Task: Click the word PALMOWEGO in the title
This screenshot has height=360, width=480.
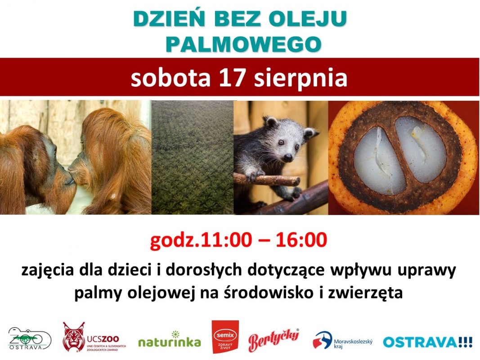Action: [243, 44]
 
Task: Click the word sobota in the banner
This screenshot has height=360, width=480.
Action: [170, 78]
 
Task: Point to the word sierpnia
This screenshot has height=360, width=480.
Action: [301, 78]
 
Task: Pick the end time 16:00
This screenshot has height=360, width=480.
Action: [301, 240]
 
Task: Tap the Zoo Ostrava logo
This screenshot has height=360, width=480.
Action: [29, 339]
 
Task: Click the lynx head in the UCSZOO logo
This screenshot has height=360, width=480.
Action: [73, 337]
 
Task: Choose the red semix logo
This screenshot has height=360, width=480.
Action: [225, 337]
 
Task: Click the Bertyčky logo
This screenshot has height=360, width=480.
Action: [274, 339]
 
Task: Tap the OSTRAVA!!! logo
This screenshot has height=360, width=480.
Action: [427, 342]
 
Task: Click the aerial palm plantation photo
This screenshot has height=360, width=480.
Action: [193, 157]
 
